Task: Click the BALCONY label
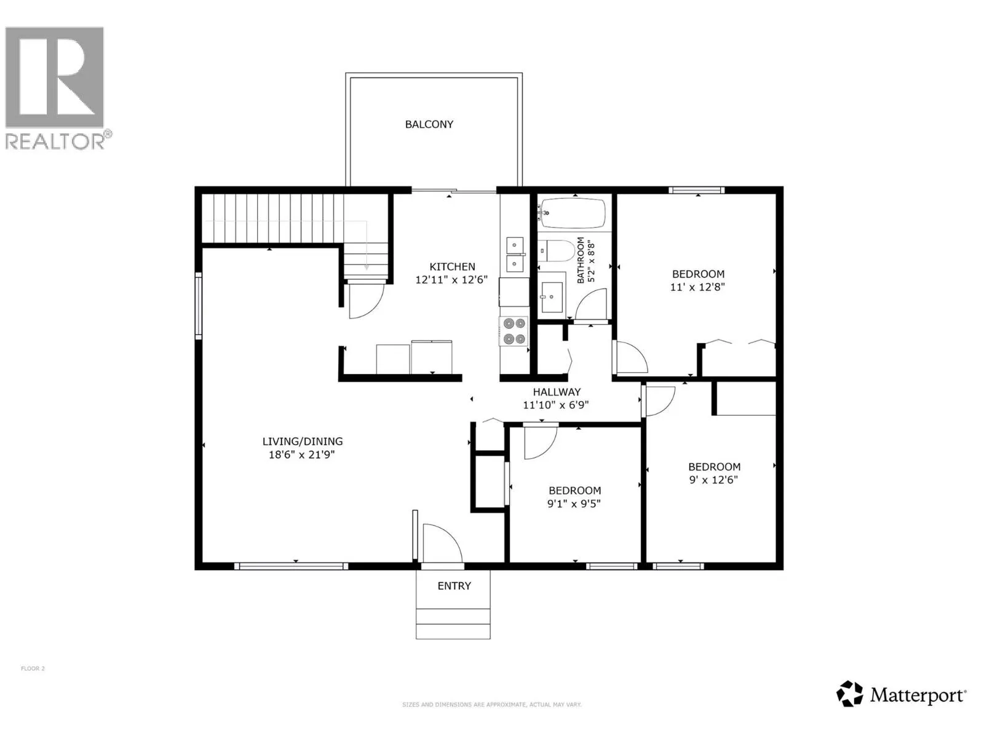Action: point(429,124)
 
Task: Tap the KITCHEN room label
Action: point(452,267)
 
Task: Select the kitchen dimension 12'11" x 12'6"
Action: point(451,280)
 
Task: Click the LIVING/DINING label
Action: point(303,442)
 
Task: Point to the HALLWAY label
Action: point(557,392)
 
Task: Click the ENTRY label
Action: point(454,585)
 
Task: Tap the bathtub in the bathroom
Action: point(573,213)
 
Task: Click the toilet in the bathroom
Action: point(557,251)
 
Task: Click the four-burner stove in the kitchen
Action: point(514,331)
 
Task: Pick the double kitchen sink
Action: point(515,255)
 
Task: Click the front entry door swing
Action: point(442,542)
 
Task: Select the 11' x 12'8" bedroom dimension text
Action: point(697,287)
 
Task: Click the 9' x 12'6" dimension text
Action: point(713,480)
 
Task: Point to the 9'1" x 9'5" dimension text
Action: point(574,504)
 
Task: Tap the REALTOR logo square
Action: point(55,77)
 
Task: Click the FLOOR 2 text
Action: point(33,669)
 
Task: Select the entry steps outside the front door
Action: point(453,623)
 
